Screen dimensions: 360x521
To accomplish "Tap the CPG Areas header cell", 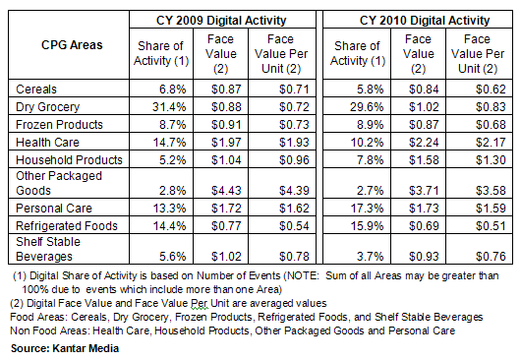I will (x=59, y=44).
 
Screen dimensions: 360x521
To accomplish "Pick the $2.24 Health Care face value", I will (x=420, y=142).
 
